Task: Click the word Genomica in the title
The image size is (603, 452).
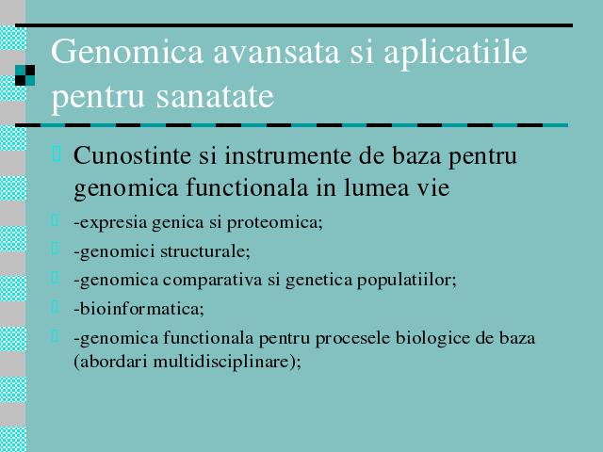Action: tap(127, 52)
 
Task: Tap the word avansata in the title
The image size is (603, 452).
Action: tap(276, 53)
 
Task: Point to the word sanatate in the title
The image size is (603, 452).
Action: tap(215, 96)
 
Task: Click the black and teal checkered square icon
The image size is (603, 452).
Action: tap(25, 75)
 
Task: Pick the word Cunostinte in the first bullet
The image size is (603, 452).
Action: tap(132, 155)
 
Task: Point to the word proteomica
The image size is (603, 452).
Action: tap(274, 223)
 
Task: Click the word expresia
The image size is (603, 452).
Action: tap(110, 223)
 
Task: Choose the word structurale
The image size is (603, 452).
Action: tap(205, 251)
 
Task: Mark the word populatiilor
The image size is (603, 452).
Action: tap(407, 281)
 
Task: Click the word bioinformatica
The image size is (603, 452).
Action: tap(139, 309)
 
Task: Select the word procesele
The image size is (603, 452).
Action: tap(353, 339)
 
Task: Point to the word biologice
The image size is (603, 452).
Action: tap(433, 339)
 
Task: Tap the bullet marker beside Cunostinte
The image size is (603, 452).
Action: tap(57, 153)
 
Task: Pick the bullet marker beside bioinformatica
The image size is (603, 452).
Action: tap(55, 306)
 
